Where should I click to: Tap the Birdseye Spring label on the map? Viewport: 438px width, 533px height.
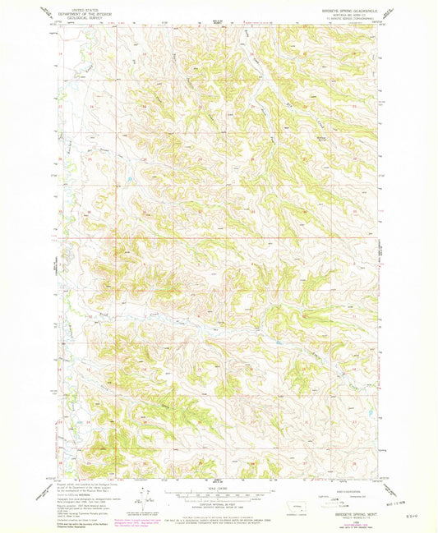pyautogui.click(x=322, y=137)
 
